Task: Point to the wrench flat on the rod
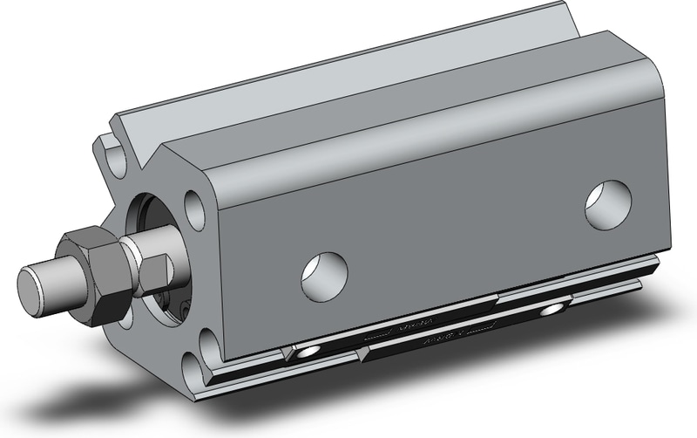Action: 155,264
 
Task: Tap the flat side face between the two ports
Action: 453,227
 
